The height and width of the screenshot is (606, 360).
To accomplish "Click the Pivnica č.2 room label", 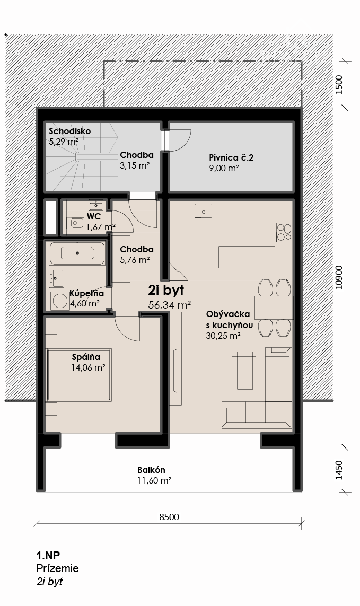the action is click(231, 157).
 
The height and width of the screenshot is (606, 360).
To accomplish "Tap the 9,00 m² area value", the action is click(224, 168).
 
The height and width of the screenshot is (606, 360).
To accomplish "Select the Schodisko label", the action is click(69, 131).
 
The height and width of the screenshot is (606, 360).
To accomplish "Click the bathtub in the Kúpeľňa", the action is click(77, 253).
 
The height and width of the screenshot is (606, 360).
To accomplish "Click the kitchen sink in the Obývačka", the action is click(204, 211).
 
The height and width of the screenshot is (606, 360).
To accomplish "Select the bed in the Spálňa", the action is click(80, 375).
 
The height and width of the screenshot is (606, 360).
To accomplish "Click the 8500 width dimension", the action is click(169, 517).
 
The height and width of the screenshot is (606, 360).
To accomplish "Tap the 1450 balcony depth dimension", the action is click(339, 470).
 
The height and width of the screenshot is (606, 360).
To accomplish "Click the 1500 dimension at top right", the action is click(339, 85).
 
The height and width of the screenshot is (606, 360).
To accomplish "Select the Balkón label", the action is click(151, 470).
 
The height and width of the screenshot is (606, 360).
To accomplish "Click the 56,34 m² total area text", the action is click(170, 304).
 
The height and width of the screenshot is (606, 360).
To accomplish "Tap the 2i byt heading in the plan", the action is click(166, 290).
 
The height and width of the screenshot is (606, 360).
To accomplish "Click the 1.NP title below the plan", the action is click(48, 556).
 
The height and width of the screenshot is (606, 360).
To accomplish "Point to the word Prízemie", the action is click(57, 568).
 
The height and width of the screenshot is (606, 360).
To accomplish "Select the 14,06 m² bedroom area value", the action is click(89, 367).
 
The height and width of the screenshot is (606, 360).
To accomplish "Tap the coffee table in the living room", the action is click(245, 371).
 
